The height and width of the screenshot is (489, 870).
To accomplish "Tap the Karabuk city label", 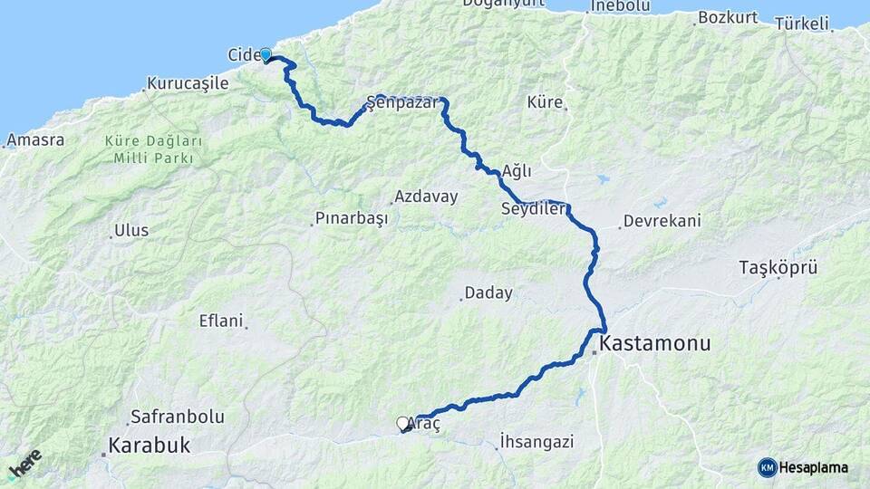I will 150,445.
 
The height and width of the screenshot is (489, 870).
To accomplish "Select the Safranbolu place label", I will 177,417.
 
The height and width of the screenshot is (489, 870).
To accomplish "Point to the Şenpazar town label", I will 401,103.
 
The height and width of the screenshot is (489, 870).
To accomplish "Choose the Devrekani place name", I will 662,221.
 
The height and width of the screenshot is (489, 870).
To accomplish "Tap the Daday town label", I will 488,293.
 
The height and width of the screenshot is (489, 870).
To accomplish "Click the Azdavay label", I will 427,197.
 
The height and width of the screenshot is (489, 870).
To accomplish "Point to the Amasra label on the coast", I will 35,140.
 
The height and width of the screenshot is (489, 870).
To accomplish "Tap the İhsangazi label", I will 536,442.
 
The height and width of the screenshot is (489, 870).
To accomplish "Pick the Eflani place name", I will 221,321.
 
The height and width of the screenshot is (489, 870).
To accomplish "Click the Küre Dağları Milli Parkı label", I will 153,149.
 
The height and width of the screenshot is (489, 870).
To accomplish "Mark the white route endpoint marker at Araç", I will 402,423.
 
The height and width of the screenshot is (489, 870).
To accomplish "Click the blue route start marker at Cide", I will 266,54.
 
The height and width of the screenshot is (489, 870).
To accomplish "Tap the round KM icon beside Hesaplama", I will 768,467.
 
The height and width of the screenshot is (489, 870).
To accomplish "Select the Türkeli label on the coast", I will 801,24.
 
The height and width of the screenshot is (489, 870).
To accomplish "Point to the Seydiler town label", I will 533,209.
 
